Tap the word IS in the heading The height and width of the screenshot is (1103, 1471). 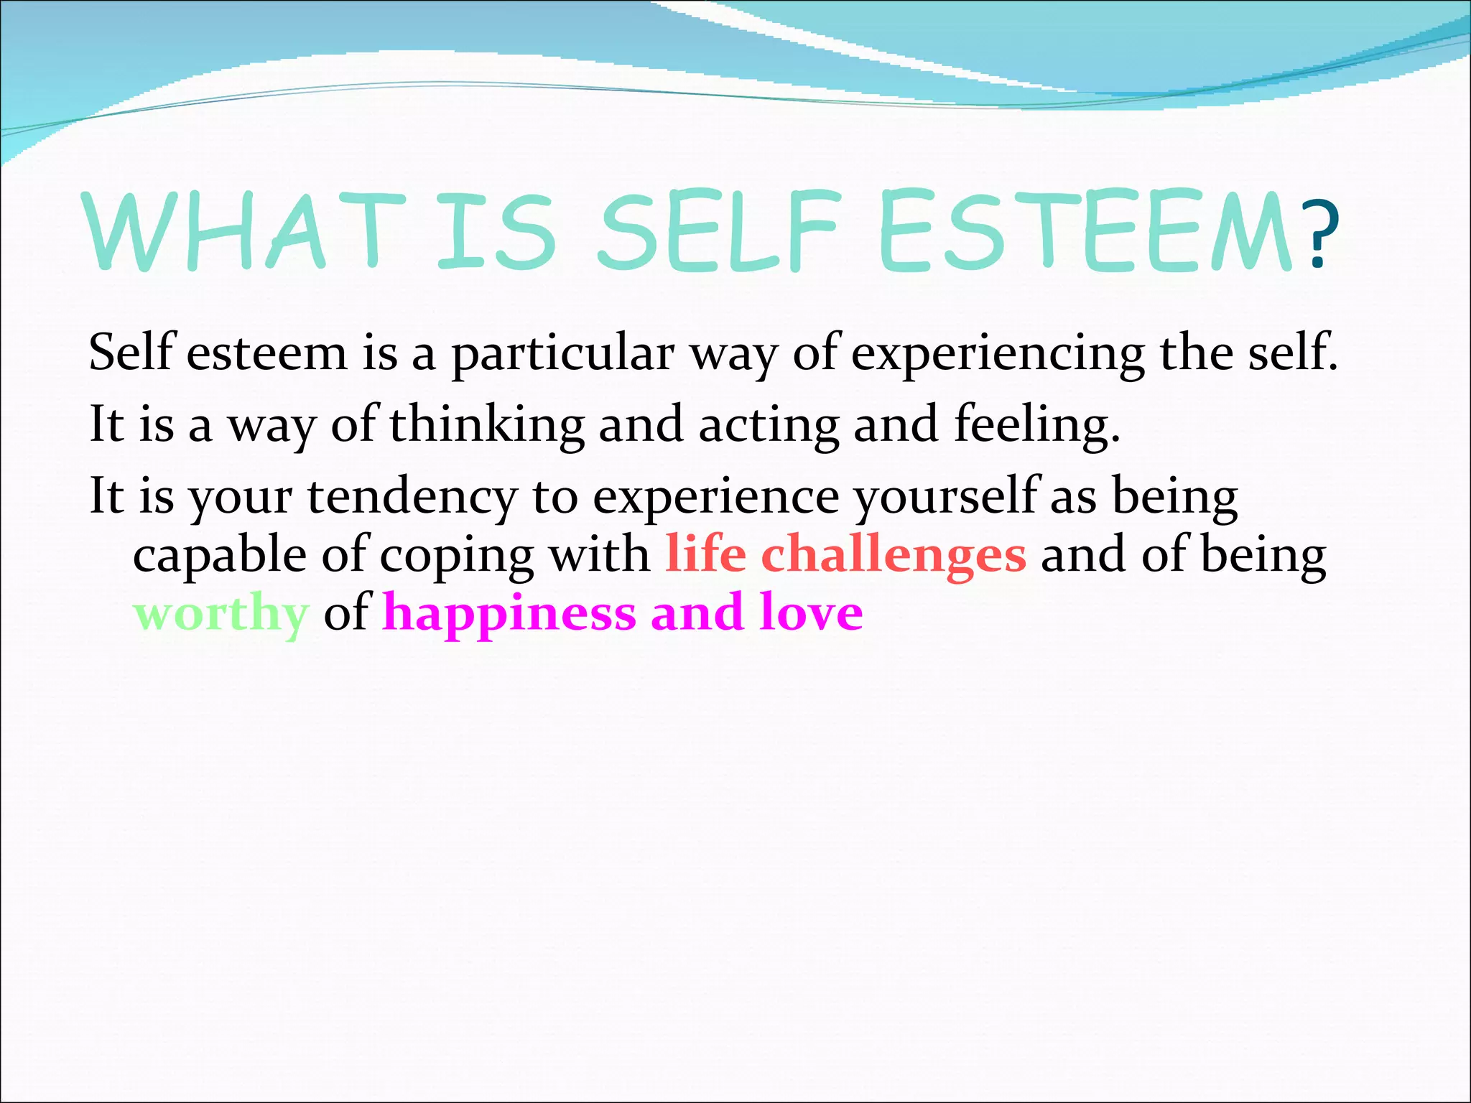point(496,231)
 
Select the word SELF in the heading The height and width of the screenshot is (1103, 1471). point(718,231)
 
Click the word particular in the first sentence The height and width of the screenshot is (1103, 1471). point(562,355)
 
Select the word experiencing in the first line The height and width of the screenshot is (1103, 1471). point(998,355)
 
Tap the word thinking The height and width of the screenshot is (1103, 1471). point(487,424)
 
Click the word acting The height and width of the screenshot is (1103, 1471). point(769,424)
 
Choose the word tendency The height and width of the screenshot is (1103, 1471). point(412,497)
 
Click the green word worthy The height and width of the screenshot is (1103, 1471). point(221,615)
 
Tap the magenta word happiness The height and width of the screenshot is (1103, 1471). point(509,615)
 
